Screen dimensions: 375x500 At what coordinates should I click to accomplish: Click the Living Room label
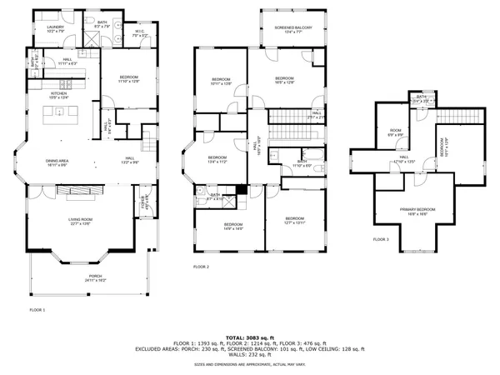81,218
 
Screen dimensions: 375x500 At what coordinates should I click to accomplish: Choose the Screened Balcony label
293,28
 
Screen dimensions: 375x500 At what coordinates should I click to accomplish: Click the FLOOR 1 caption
37,309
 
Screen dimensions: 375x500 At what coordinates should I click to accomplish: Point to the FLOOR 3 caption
381,239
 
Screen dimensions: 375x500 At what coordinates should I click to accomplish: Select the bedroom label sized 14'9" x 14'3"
232,225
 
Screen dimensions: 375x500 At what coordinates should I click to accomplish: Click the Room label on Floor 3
396,131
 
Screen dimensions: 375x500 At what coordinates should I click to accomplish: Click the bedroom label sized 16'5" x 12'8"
285,79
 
